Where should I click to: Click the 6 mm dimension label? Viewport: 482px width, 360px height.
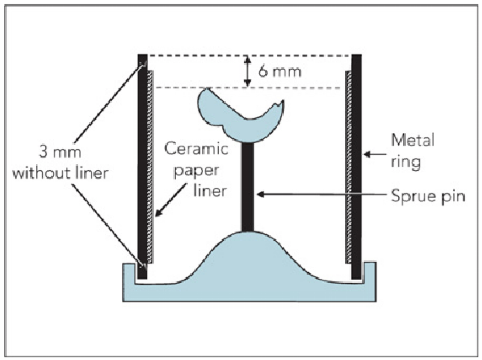click(280, 71)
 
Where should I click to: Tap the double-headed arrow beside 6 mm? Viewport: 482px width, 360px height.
click(248, 71)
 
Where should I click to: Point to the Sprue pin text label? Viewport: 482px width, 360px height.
click(428, 196)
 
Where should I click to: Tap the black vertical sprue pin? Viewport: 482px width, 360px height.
click(248, 187)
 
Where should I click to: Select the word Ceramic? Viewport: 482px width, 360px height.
click(196, 149)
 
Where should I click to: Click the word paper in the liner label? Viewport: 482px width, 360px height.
click(196, 170)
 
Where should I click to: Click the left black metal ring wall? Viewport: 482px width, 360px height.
click(142, 165)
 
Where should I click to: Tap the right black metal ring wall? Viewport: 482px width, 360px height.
click(356, 165)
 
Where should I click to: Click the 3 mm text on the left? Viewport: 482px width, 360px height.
click(60, 152)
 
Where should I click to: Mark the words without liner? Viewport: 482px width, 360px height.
click(60, 173)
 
